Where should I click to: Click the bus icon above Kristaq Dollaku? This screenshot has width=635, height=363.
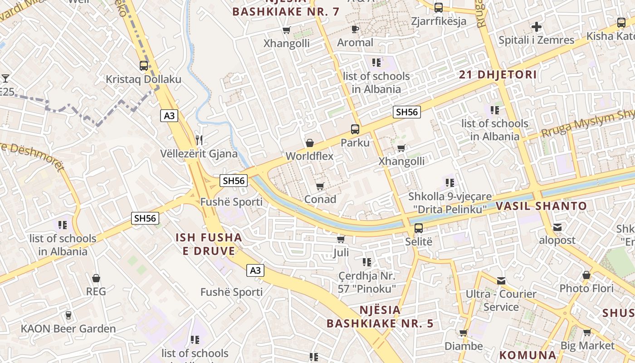point(144,66)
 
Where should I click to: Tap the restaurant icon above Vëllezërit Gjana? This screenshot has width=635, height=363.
point(199,140)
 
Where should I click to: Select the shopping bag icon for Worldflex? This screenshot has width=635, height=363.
point(310,143)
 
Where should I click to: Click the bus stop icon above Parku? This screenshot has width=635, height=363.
point(355,129)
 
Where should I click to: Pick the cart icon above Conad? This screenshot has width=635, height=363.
point(320,186)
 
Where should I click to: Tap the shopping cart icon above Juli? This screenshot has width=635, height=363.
point(341,239)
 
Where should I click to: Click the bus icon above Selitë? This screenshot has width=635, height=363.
point(418,228)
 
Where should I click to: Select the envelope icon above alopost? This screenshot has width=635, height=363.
point(557,227)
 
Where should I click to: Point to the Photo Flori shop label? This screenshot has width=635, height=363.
point(586,288)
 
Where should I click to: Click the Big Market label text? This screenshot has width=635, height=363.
point(587,345)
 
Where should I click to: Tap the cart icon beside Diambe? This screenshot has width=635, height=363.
point(464,334)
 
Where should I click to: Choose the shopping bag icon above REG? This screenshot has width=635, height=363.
point(96,278)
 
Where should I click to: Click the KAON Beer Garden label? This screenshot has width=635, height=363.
point(68,328)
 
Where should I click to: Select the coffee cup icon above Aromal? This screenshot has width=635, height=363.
point(355,29)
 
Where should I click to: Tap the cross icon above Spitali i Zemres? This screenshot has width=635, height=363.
point(537,27)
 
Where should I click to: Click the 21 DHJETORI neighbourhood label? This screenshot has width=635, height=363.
point(498,75)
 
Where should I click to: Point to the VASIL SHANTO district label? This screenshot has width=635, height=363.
point(541,206)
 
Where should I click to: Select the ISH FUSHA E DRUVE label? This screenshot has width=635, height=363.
point(209,244)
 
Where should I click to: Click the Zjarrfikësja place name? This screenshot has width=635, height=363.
point(439,21)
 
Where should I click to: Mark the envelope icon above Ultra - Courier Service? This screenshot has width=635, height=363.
point(501,281)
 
